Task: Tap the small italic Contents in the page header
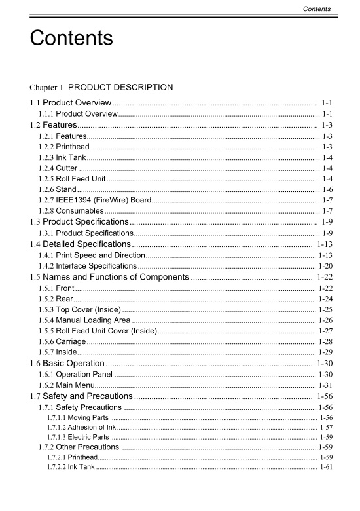click(317, 9)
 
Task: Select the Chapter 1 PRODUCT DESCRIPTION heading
click(101, 87)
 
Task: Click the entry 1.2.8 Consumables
click(71, 210)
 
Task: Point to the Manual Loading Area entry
click(84, 320)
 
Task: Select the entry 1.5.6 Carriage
click(62, 341)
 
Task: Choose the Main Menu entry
click(66, 385)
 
